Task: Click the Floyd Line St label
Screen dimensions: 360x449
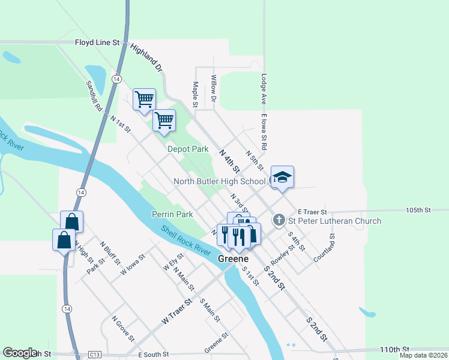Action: pyautogui.click(x=98, y=43)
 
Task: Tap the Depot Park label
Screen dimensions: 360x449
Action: pyautogui.click(x=188, y=149)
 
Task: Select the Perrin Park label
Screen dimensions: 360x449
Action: pyautogui.click(x=172, y=214)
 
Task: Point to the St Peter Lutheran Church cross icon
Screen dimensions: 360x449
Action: pyautogui.click(x=279, y=220)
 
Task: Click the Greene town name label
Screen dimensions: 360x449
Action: pyautogui.click(x=233, y=259)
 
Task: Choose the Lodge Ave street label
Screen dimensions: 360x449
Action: pyautogui.click(x=264, y=88)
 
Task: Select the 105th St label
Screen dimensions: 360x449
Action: pyautogui.click(x=418, y=211)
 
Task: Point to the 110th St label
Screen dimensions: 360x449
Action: pyautogui.click(x=394, y=349)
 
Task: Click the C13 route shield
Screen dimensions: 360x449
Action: pyautogui.click(x=94, y=355)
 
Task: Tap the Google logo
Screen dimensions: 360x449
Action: pyautogui.click(x=20, y=353)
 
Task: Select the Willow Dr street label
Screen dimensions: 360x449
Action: pyautogui.click(x=214, y=87)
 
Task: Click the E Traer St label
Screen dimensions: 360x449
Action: pyautogui.click(x=312, y=212)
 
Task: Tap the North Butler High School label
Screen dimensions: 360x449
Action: pyautogui.click(x=219, y=181)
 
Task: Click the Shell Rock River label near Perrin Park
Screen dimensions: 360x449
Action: pyautogui.click(x=185, y=239)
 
